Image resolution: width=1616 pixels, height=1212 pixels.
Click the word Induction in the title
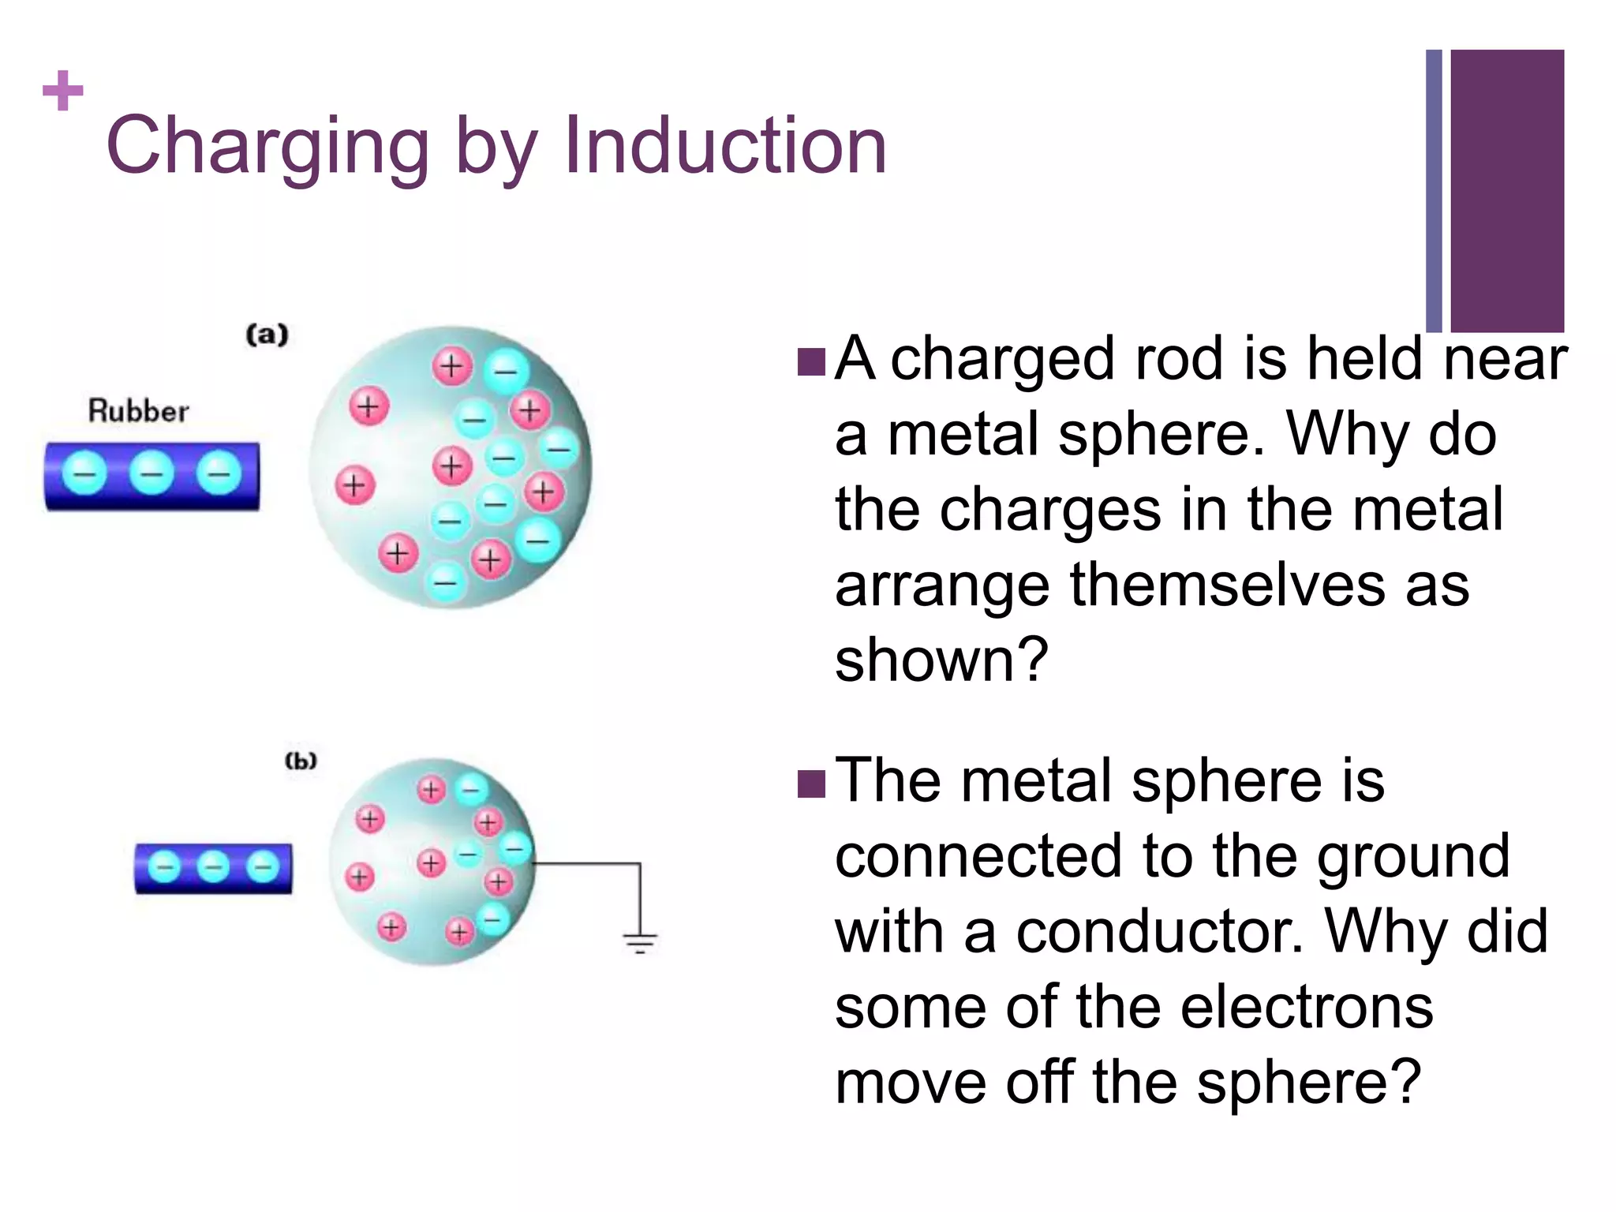[x=725, y=146]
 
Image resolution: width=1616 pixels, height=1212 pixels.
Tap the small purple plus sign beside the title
[x=63, y=91]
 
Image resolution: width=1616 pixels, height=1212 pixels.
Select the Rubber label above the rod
[x=139, y=411]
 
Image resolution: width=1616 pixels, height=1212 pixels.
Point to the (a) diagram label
[x=267, y=335]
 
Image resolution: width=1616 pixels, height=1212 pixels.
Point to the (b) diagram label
[x=301, y=761]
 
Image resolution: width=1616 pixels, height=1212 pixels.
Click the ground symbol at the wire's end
[x=640, y=942]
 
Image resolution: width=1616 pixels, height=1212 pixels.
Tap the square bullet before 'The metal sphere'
[x=811, y=784]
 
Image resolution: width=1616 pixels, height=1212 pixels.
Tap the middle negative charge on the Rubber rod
[x=151, y=473]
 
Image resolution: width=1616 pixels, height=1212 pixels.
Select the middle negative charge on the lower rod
[x=213, y=867]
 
